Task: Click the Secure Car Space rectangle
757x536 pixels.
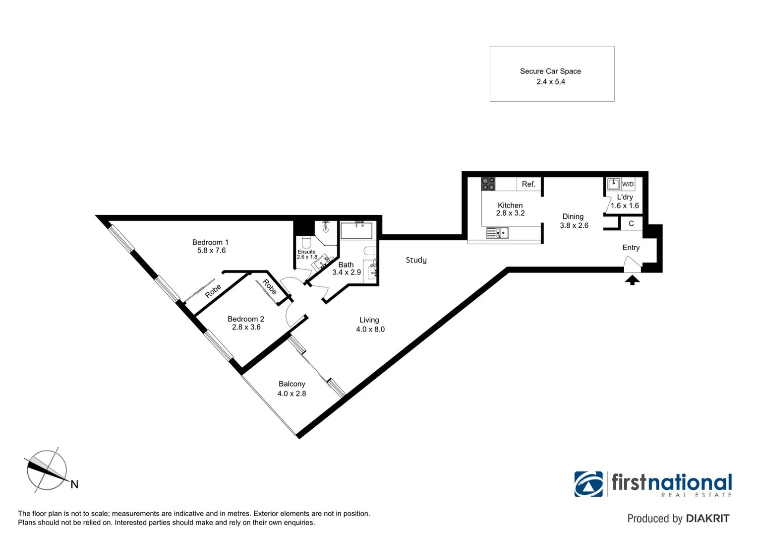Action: (551, 74)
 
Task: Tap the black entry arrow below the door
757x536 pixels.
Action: (632, 280)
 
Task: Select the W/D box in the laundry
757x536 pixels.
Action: (628, 184)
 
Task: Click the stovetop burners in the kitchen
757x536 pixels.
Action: (488, 184)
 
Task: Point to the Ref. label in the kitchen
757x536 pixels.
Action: (528, 184)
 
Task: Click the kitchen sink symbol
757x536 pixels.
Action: (498, 232)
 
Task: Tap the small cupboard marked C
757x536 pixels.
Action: (631, 224)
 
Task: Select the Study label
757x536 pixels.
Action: (416, 260)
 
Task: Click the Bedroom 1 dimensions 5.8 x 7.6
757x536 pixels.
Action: (211, 251)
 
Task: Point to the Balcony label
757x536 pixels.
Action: (291, 384)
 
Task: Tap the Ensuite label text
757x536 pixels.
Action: (306, 252)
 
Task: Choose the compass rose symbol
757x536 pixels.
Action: (47, 470)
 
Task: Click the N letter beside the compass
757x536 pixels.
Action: (74, 484)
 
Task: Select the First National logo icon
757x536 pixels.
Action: (588, 484)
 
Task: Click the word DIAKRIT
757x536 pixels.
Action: (707, 519)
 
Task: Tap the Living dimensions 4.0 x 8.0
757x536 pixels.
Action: (370, 329)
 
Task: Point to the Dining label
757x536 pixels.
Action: (573, 216)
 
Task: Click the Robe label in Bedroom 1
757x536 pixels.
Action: (213, 291)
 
